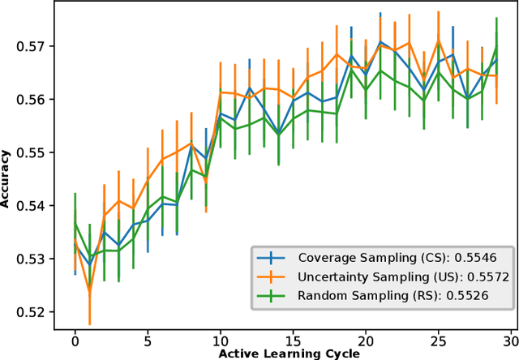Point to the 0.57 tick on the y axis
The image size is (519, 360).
(30, 45)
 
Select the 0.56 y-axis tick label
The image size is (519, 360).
(30, 99)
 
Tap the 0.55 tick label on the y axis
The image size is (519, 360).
(30, 152)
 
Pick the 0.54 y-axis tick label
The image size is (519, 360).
(30, 206)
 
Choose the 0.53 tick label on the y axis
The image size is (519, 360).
(30, 259)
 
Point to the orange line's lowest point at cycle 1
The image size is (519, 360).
(90, 293)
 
